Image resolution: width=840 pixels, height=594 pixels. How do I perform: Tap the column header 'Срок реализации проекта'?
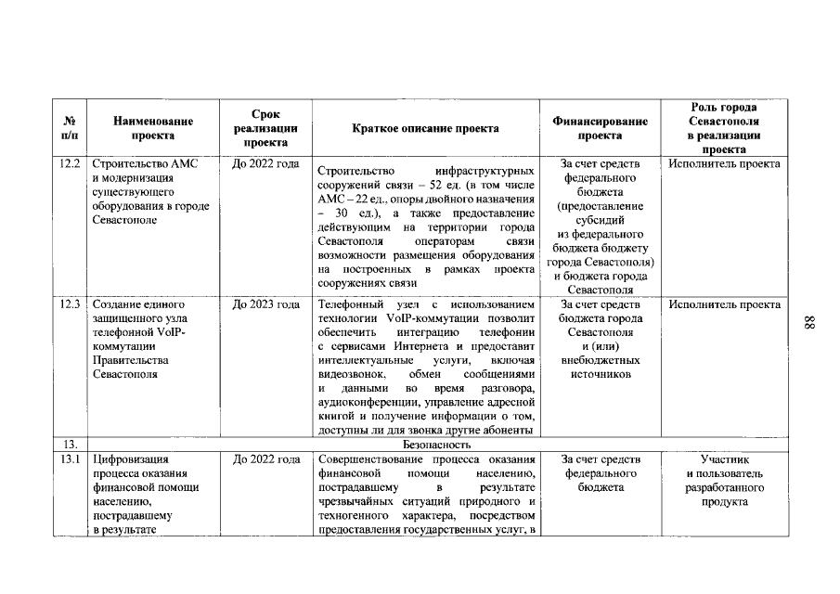pyautogui.click(x=265, y=128)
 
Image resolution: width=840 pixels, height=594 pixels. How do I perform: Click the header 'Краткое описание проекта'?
pyautogui.click(x=426, y=129)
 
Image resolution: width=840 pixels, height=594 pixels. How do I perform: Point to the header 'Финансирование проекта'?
pyautogui.click(x=600, y=128)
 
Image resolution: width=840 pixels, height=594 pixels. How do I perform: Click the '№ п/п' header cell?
pyautogui.click(x=70, y=128)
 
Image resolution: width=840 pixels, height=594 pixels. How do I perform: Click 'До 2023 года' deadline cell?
pyautogui.click(x=265, y=304)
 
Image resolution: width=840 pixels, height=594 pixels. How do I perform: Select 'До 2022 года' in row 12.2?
pyautogui.click(x=265, y=164)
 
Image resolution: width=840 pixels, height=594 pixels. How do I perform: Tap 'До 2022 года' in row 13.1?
pyautogui.click(x=265, y=459)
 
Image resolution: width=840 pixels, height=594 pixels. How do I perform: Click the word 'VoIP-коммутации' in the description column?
pyautogui.click(x=424, y=318)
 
